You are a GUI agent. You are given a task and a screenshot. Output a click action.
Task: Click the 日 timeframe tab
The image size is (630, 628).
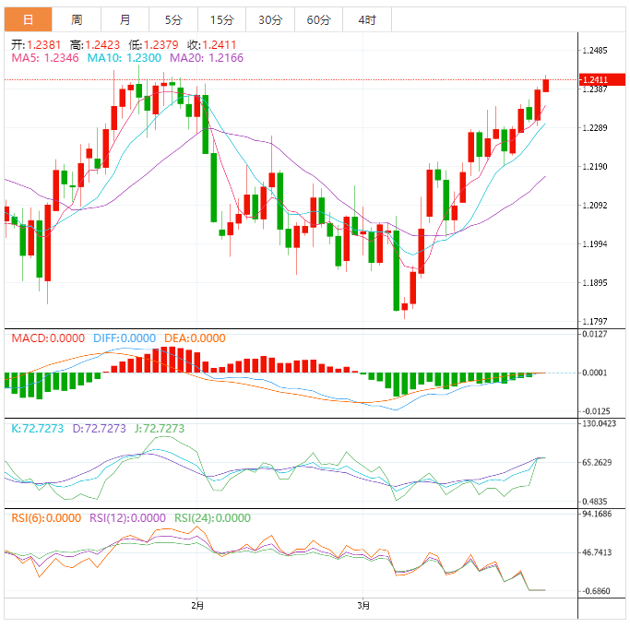[28, 19]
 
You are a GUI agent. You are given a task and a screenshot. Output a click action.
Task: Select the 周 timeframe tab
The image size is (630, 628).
[77, 19]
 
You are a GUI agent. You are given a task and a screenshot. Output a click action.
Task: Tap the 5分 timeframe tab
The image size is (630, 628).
[172, 19]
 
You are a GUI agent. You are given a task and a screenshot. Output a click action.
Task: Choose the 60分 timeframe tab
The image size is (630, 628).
[318, 19]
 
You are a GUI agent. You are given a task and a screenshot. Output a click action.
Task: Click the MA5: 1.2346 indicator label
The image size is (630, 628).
[45, 57]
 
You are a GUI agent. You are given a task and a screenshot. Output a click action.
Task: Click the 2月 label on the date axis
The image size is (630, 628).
[196, 606]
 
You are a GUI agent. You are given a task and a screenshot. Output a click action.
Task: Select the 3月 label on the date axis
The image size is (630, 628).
[364, 606]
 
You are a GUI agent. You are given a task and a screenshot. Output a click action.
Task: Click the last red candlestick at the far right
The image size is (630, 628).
[546, 85]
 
